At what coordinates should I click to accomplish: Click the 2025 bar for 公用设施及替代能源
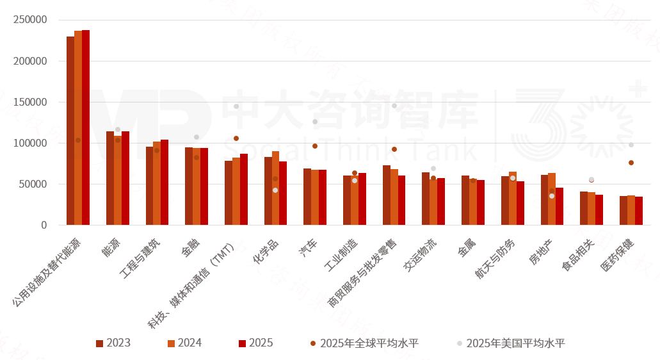(86, 127)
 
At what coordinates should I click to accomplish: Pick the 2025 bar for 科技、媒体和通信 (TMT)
(244, 189)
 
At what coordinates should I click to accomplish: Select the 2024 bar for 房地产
(552, 199)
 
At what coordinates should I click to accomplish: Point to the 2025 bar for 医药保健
(638, 211)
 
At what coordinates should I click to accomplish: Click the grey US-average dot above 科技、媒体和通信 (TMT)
(236, 106)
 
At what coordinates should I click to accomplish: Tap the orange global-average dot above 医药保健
(631, 163)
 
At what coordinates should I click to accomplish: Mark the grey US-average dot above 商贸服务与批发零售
(394, 106)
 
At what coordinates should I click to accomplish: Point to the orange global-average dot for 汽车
(315, 146)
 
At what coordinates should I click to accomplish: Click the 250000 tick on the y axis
(30, 20)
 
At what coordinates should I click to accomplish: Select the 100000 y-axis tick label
(30, 143)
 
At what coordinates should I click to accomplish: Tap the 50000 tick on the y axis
(33, 184)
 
